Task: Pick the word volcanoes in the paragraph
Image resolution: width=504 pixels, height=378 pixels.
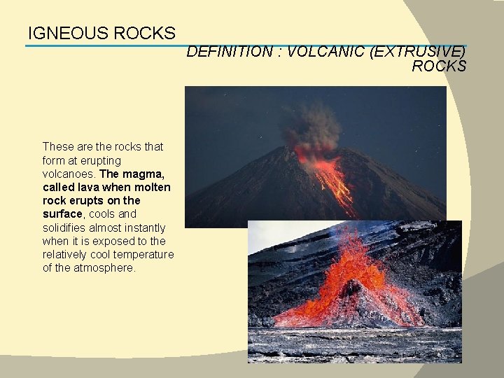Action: [69, 174]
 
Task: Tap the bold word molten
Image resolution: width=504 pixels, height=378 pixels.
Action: [153, 187]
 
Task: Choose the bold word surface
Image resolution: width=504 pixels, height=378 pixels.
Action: [62, 214]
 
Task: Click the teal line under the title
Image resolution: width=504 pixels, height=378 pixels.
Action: [105, 46]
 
